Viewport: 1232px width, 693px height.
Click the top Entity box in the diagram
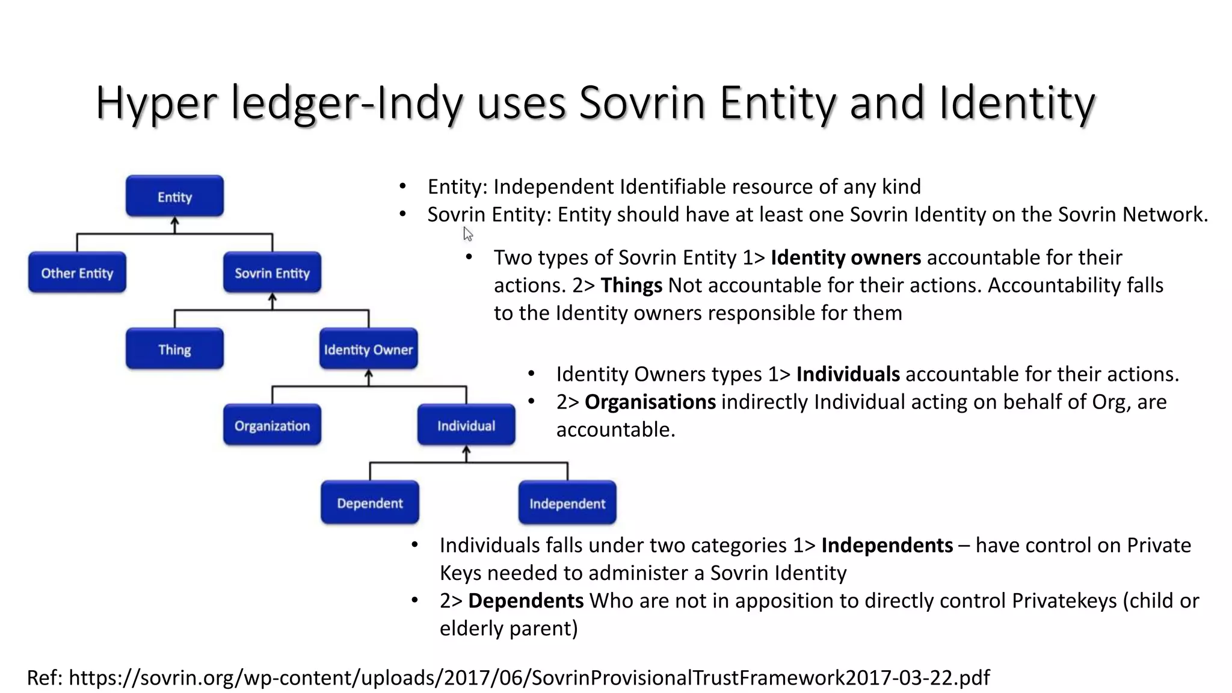174,196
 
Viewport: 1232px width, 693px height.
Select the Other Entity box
77,273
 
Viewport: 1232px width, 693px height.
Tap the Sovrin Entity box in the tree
272,273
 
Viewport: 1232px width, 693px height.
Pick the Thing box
174,349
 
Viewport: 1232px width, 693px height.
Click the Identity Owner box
368,349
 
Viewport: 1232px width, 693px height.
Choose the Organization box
272,425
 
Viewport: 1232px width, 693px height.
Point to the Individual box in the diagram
466,425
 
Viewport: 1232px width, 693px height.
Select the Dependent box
369,502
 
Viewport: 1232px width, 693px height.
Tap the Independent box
567,503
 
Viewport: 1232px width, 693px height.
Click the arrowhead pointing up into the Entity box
174,221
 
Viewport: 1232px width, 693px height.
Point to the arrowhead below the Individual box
466,451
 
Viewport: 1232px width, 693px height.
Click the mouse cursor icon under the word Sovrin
468,234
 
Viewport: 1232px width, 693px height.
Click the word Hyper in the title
156,103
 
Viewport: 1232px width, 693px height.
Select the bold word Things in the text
631,285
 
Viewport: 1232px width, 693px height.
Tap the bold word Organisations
650,402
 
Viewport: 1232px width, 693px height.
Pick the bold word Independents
887,545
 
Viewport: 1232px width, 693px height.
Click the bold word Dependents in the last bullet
525,600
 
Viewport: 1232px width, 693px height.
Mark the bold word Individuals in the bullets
848,374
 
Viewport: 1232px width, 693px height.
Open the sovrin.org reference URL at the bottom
529,677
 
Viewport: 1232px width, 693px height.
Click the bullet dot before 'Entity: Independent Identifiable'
402,186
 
